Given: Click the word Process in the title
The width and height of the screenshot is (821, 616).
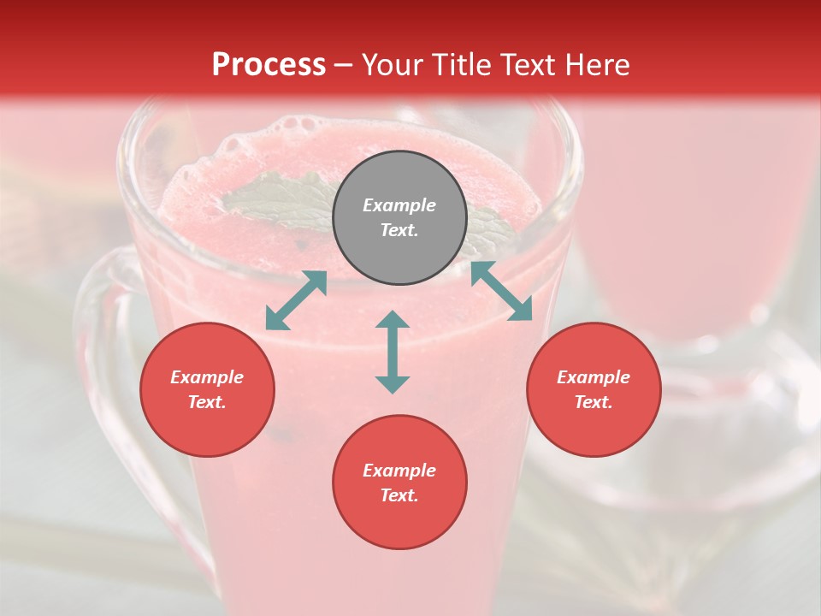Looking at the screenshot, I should pos(269,65).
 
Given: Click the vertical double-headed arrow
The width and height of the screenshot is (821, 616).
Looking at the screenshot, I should pos(393,352).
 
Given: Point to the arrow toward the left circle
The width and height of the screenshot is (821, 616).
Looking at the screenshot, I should pos(296,300).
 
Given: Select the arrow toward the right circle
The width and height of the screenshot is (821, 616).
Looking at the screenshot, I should pos(501,291).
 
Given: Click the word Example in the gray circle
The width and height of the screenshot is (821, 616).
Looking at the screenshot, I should pos(399,205).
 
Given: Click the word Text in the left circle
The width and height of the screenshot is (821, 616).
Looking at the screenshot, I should pos(207,402).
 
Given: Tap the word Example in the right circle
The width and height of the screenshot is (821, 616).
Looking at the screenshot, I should pos(594,377).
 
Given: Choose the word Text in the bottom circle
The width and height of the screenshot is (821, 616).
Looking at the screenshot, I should pos(399,495).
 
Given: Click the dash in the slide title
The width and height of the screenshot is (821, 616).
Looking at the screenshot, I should pos(344,66).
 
